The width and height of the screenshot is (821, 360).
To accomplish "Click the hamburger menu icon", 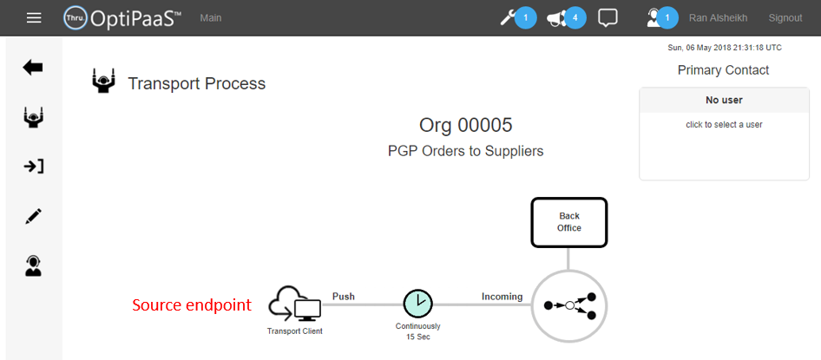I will coord(34,17).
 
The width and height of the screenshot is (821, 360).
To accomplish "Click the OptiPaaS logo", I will coord(122,17).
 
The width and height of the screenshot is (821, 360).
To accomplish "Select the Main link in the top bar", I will coord(210,17).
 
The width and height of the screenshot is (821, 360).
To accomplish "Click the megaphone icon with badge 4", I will coord(558,17).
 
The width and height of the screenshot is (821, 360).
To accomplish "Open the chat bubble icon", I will coord(608,17).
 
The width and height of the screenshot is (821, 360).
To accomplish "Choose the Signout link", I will coord(785,17).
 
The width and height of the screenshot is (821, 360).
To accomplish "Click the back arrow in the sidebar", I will coord(33,68).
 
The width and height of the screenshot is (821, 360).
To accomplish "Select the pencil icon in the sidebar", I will coord(33,217).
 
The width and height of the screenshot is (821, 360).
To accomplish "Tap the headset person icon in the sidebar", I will coord(33,266).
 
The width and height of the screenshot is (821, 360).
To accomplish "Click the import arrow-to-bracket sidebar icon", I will coord(33,167).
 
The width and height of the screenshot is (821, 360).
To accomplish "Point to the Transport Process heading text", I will coord(196,84).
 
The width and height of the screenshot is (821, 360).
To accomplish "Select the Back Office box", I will coord(568,222).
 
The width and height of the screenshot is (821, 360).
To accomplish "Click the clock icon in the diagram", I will coord(417,304).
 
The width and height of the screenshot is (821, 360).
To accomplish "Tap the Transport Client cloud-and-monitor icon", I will coord(294,304).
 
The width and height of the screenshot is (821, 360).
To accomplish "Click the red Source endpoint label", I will coord(191,305).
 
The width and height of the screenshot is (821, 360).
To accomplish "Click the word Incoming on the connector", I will coord(502,297).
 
